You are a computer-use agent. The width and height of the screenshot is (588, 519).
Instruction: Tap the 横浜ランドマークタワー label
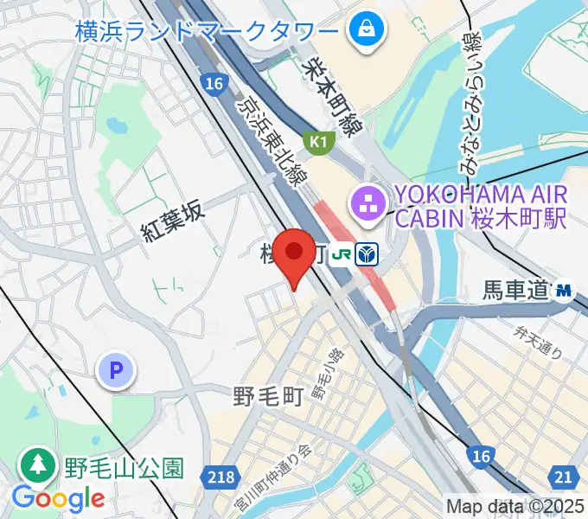206,33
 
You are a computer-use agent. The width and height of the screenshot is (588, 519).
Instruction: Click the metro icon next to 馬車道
566,290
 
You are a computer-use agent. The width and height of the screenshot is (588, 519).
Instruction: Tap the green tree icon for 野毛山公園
37,466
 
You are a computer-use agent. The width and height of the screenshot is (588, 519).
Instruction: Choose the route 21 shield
564,475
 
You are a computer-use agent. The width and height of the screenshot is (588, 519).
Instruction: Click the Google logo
58,499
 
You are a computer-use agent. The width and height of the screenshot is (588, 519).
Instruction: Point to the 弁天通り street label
538,341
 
